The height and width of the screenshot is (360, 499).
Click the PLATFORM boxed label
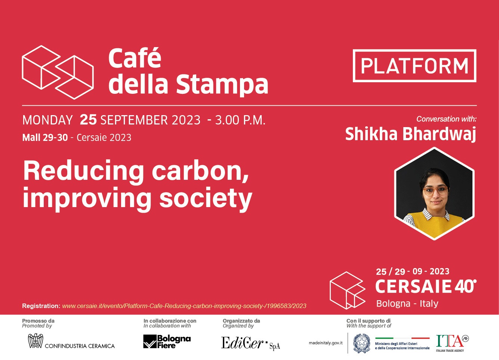click(x=415, y=66)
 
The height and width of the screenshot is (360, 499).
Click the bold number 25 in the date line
click(x=88, y=120)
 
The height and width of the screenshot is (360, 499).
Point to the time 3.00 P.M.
click(x=240, y=120)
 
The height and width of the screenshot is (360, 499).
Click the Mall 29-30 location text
click(x=45, y=138)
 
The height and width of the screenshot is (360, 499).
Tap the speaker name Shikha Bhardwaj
click(x=410, y=134)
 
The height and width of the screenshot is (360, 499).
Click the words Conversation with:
click(x=446, y=119)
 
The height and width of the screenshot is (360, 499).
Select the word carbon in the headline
click(x=200, y=172)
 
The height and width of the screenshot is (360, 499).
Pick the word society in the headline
click(x=206, y=198)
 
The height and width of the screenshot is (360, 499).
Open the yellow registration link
click(x=184, y=306)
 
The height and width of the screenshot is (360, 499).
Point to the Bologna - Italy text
click(x=407, y=304)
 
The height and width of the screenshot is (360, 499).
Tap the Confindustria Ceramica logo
click(x=71, y=341)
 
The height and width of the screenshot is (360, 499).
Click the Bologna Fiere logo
click(x=167, y=342)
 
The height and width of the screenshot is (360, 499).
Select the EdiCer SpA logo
click(x=250, y=343)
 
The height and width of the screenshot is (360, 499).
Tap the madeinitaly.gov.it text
click(x=326, y=343)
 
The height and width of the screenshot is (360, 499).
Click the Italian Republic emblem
click(x=362, y=343)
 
